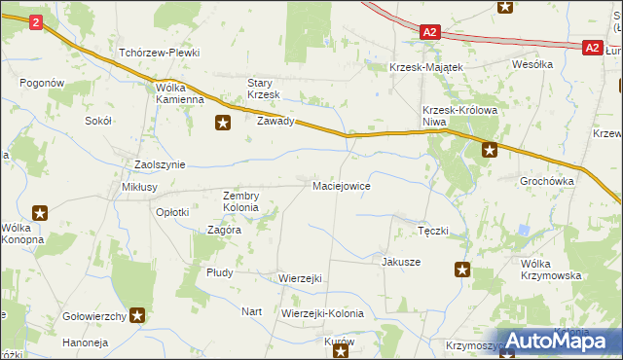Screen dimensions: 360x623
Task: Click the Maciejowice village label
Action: tap(340, 185)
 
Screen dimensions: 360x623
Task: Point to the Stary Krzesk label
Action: tap(263, 89)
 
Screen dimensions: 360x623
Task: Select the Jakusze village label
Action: tap(401, 262)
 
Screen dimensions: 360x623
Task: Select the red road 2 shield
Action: tap(36, 22)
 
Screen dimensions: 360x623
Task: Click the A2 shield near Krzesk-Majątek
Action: tap(431, 32)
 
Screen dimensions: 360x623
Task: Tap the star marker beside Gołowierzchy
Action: tap(138, 314)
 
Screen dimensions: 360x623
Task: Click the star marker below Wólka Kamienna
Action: tap(223, 123)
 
